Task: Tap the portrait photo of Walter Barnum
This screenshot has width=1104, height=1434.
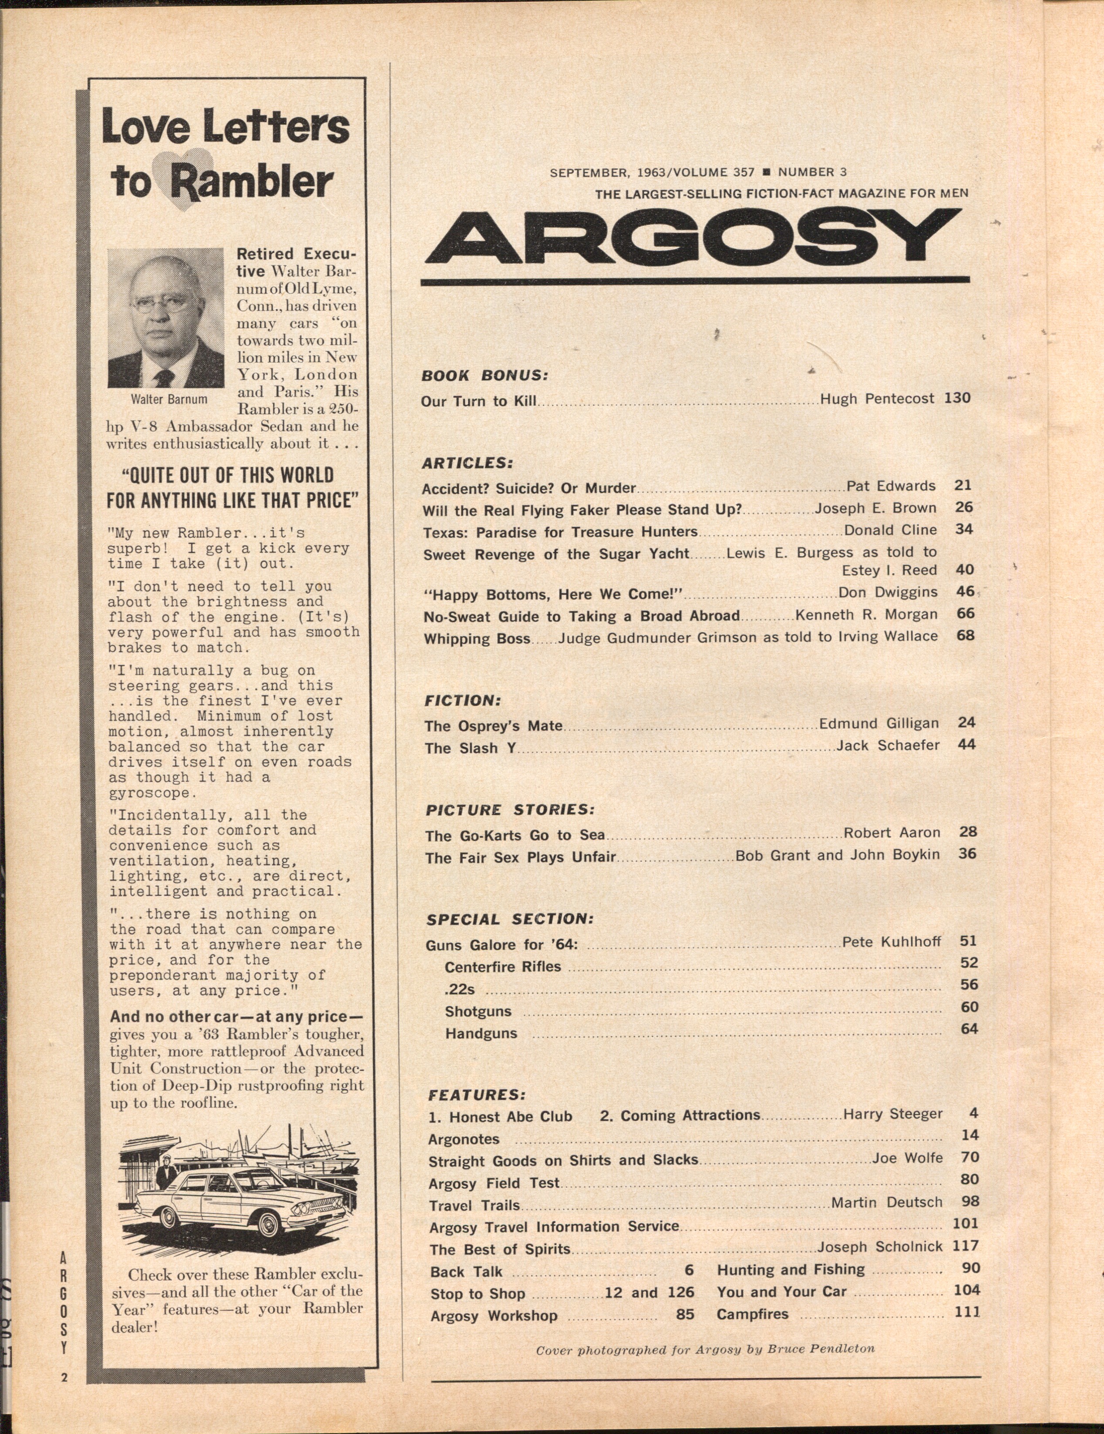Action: pyautogui.click(x=165, y=318)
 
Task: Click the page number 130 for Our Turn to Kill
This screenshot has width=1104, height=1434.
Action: pyautogui.click(x=957, y=398)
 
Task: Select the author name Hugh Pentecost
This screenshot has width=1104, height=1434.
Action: pyautogui.click(x=877, y=399)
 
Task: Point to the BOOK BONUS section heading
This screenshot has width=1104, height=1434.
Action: pyautogui.click(x=484, y=376)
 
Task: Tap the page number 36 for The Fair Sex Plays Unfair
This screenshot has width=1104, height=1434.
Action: pyautogui.click(x=967, y=853)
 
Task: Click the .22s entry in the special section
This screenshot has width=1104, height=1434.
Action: pyautogui.click(x=459, y=989)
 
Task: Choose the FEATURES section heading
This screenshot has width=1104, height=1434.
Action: pyautogui.click(x=476, y=1095)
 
